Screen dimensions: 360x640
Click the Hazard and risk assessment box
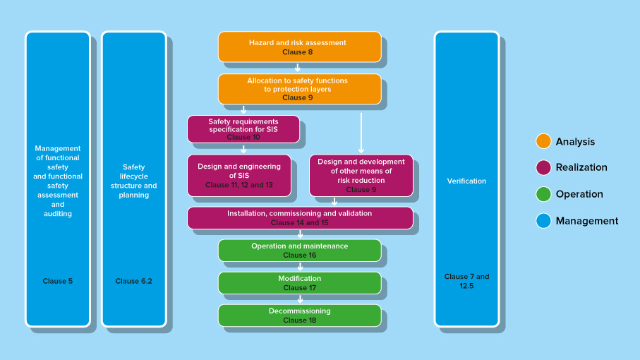coord(299,47)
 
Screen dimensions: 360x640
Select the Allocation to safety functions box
coord(299,89)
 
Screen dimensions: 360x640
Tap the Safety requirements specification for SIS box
coord(243,129)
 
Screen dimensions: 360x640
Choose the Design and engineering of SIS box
coord(239,175)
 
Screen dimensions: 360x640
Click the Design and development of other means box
coord(361,175)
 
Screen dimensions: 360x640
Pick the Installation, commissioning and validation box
coord(300,217)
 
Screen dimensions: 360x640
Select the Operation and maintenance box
coord(299,251)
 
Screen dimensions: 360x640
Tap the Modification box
coord(299,283)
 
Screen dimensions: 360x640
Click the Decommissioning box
coord(299,316)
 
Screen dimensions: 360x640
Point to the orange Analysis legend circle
coord(543,141)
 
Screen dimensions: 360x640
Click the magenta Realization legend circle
coord(543,167)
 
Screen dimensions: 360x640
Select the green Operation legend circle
coord(543,194)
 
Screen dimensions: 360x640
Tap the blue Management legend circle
coord(543,221)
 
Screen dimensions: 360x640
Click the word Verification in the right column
coord(466,181)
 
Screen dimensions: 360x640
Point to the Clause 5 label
coord(58,281)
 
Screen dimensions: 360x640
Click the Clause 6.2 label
coord(134,281)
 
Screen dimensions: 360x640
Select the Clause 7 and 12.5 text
coord(466,281)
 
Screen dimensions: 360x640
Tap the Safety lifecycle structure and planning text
coord(134,181)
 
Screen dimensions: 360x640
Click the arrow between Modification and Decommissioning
coord(300,299)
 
